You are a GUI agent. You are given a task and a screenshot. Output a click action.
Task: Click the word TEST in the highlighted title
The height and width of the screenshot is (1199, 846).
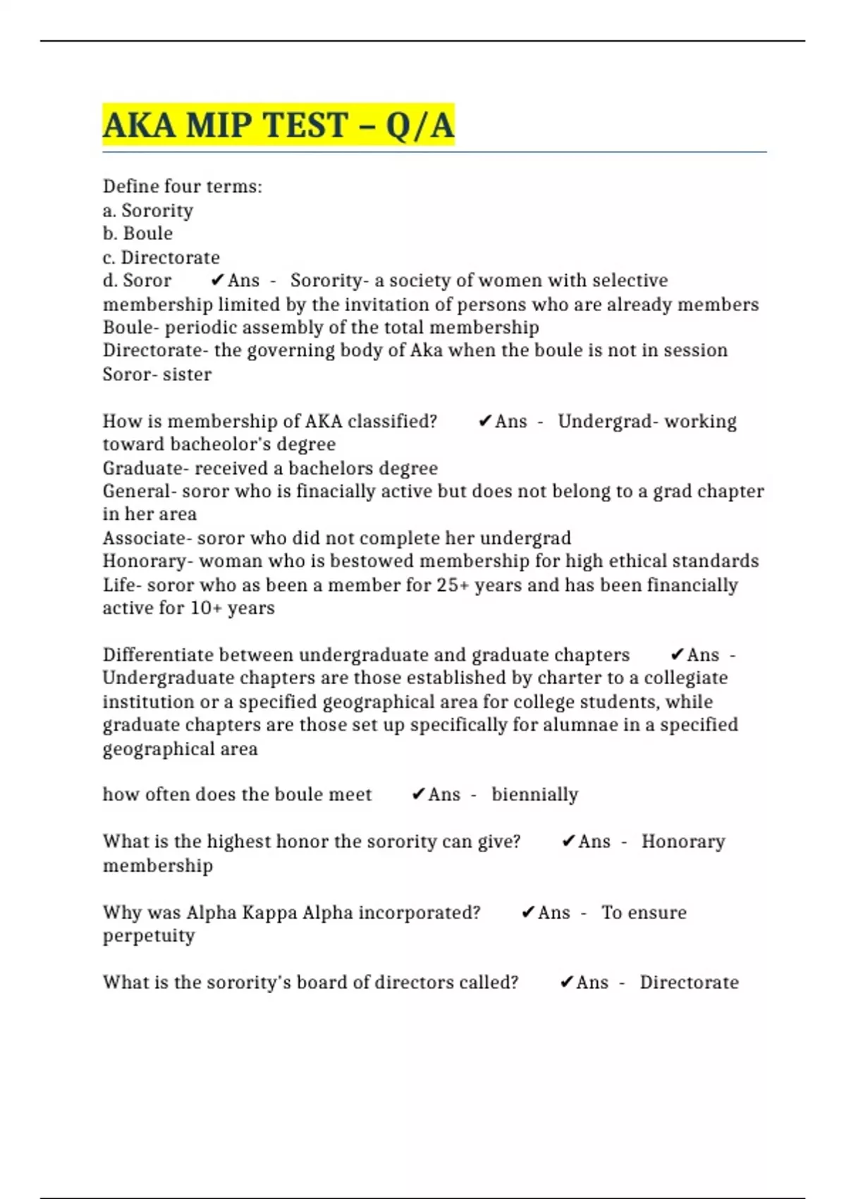305,126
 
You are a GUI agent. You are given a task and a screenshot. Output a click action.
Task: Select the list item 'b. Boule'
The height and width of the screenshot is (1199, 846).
137,233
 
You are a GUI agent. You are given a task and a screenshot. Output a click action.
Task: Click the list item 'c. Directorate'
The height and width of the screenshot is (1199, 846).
161,257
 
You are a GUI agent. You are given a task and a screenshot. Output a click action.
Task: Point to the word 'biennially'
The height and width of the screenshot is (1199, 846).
534,795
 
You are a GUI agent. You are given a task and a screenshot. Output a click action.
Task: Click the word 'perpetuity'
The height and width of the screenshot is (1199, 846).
149,936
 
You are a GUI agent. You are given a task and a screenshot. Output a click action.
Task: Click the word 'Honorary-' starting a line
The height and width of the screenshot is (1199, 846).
147,561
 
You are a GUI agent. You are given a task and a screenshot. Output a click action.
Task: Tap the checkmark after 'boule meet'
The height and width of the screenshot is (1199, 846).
418,795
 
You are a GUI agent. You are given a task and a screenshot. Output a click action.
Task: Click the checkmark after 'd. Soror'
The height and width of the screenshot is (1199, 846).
218,281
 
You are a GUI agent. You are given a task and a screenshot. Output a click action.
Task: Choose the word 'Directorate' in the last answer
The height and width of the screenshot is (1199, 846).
689,982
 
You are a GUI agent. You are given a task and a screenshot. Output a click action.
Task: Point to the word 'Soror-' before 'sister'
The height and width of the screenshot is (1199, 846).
128,375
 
